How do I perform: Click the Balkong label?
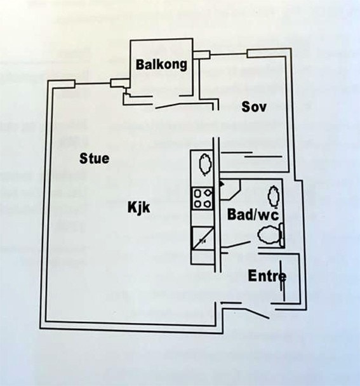[x=161, y=65]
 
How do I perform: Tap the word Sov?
[x=254, y=107]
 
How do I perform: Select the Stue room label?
[x=95, y=158]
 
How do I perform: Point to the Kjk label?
[x=138, y=207]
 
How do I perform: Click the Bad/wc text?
[x=253, y=214]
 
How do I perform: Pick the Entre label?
[x=267, y=276]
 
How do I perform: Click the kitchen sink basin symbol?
[x=205, y=164]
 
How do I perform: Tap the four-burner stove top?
[x=203, y=198]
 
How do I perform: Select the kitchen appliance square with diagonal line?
[x=203, y=239]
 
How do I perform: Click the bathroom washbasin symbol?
[x=273, y=196]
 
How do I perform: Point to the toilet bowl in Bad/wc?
[x=269, y=235]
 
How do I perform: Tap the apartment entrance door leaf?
[x=257, y=313]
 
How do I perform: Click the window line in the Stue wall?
[x=93, y=84]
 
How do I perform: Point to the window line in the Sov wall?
[x=229, y=53]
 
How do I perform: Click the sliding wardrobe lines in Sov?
[x=251, y=155]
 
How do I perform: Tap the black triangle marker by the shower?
[x=222, y=184]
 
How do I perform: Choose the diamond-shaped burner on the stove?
[x=208, y=193]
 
